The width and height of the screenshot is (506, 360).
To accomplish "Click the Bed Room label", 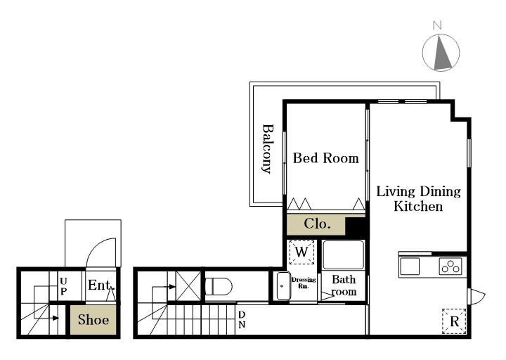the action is click(x=326, y=158).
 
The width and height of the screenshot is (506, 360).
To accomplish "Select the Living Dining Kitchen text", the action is click(x=419, y=198).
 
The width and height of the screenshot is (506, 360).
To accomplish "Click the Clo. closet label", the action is click(x=317, y=224).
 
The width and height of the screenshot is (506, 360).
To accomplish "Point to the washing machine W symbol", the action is click(x=301, y=252).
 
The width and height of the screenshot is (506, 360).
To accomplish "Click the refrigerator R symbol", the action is click(x=455, y=321).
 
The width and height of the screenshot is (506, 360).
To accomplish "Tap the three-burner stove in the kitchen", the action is click(x=450, y=266).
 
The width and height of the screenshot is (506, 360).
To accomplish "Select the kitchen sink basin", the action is click(x=410, y=266).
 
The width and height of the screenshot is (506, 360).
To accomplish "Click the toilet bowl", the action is click(x=219, y=287).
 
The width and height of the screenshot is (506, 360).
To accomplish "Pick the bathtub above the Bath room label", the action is click(x=344, y=255).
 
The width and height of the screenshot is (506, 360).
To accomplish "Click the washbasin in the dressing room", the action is click(x=283, y=285).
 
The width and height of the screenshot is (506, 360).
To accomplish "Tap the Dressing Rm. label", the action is click(x=304, y=283).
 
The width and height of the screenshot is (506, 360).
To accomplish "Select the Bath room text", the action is click(x=344, y=285).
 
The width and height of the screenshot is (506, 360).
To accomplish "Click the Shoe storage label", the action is click(x=93, y=320).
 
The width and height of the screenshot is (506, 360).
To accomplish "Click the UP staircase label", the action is click(x=63, y=286).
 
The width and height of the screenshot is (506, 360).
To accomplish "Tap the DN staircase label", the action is click(x=242, y=320).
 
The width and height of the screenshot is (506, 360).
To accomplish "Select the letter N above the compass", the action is click(x=437, y=25).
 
